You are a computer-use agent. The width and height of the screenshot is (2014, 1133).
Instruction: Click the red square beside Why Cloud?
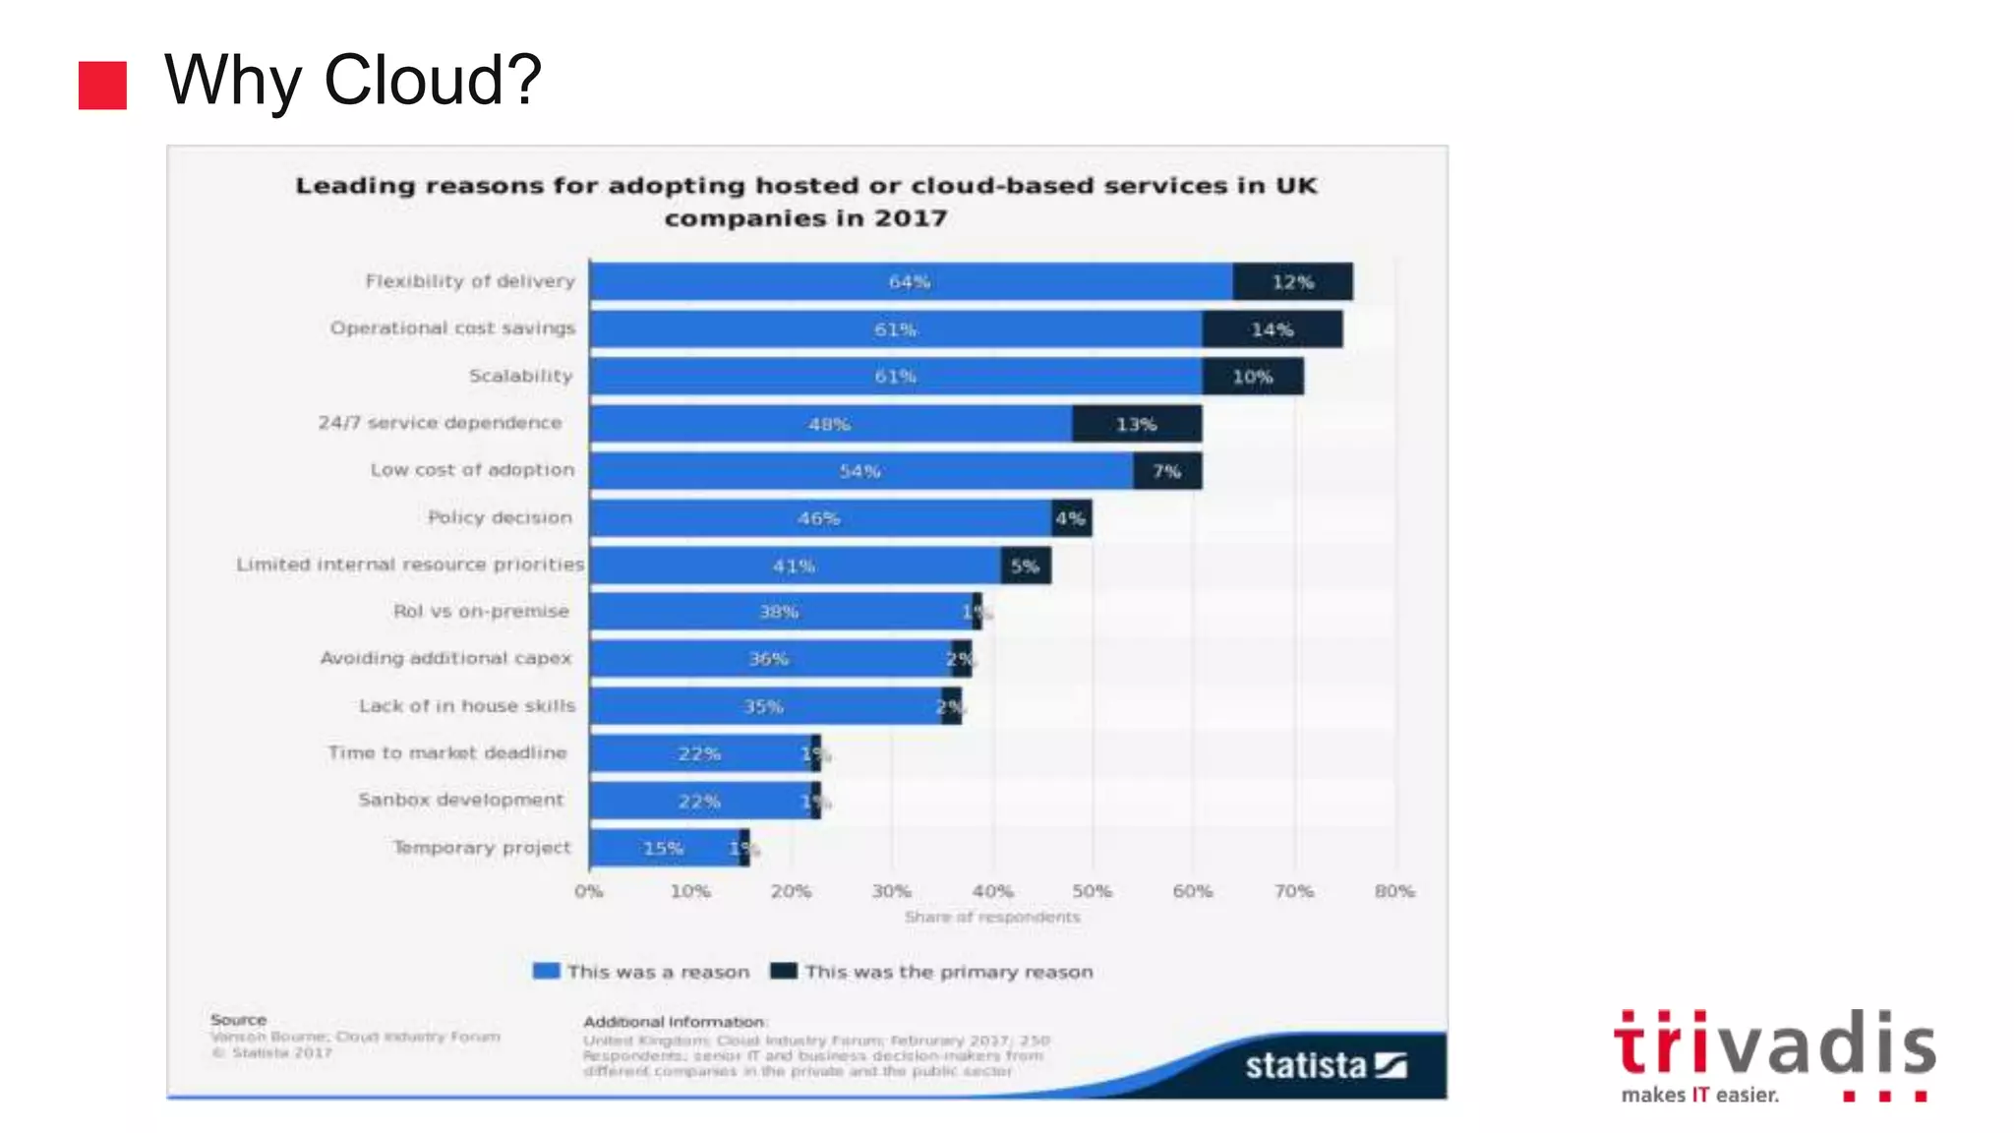(x=102, y=86)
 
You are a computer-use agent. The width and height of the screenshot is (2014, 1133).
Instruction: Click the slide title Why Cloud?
(x=352, y=81)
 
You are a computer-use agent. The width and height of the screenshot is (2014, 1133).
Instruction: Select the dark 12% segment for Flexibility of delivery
(x=1292, y=282)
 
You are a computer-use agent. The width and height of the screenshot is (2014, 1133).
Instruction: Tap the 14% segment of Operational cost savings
(x=1272, y=329)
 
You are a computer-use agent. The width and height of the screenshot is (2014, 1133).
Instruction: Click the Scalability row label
(x=520, y=376)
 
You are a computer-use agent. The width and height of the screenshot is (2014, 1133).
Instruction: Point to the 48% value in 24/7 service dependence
(x=829, y=424)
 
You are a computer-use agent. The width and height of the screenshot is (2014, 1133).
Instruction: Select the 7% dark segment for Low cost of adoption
(x=1166, y=471)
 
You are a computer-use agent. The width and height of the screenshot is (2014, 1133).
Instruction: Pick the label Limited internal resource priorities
(x=409, y=565)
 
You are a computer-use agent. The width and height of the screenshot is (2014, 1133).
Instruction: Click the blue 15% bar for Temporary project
(x=663, y=848)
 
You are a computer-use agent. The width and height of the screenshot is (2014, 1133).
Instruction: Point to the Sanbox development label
(x=460, y=800)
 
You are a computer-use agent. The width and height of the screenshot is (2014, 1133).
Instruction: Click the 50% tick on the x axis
(x=1092, y=891)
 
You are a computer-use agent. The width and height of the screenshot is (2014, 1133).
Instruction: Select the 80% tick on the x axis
(x=1393, y=891)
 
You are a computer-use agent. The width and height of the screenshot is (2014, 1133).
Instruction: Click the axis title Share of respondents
(x=991, y=917)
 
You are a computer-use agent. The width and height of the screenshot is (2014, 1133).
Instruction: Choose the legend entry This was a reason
(x=642, y=972)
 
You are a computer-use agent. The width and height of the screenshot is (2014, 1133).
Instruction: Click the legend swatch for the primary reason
(x=783, y=971)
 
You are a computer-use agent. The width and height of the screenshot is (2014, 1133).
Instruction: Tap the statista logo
(x=1324, y=1065)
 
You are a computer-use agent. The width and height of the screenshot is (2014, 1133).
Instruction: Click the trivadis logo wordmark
(x=1774, y=1044)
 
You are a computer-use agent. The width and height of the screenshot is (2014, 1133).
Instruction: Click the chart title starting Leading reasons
(x=805, y=201)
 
